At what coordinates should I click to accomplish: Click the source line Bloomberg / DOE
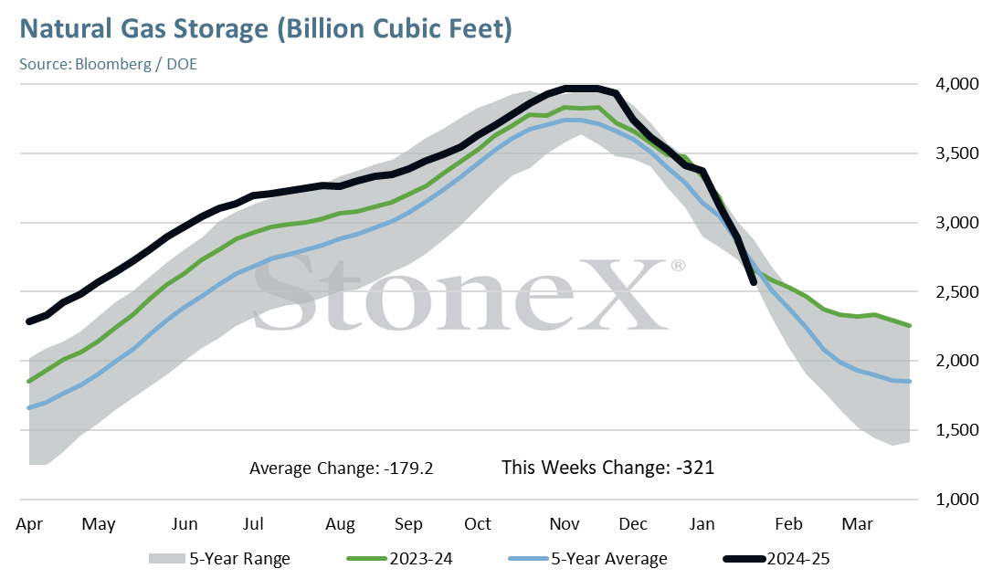[136, 65]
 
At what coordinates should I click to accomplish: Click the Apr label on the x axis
[29, 524]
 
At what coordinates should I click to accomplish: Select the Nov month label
[565, 524]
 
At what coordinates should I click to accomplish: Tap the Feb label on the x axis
[788, 524]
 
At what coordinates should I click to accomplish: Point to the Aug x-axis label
[340, 524]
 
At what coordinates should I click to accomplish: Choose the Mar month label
[858, 524]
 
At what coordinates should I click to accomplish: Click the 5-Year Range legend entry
[219, 559]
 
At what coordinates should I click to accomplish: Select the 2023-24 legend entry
[399, 558]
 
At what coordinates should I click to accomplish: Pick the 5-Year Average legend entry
[588, 559]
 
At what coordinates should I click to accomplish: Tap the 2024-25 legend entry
[776, 558]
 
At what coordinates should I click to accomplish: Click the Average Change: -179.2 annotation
[342, 468]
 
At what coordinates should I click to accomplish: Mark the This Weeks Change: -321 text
[607, 468]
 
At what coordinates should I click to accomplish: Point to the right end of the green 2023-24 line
[909, 325]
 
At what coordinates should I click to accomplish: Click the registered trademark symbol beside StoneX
[678, 266]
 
